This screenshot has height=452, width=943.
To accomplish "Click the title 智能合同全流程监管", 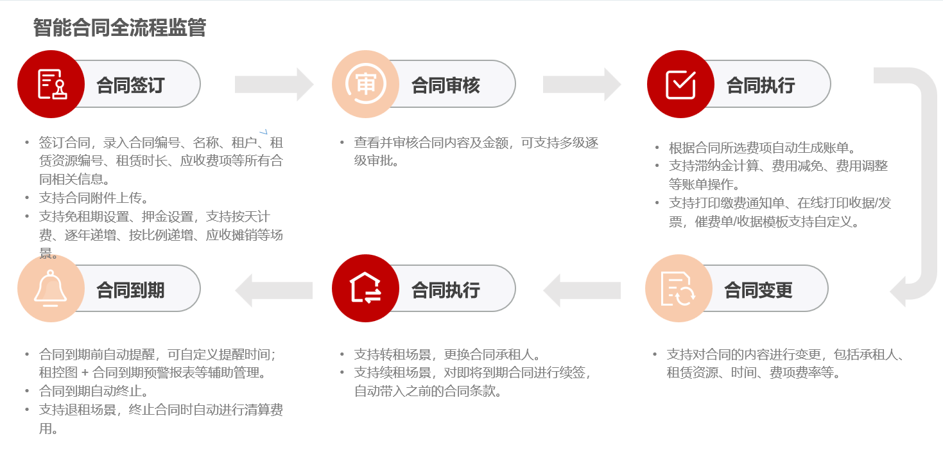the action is click(x=119, y=28).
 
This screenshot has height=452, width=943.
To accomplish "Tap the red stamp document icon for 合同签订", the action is click(x=51, y=84).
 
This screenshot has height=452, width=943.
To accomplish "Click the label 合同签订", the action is click(x=130, y=85).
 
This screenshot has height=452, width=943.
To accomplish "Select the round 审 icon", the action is click(x=365, y=84).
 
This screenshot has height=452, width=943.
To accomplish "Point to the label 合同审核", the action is click(x=446, y=85).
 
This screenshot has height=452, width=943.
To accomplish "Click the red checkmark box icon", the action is click(x=680, y=84).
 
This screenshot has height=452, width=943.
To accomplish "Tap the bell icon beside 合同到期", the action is click(x=51, y=288).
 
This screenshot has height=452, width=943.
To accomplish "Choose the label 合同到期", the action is click(x=130, y=290).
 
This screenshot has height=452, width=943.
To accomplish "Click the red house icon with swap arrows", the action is click(x=365, y=288).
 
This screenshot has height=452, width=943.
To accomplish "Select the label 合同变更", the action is click(x=758, y=290).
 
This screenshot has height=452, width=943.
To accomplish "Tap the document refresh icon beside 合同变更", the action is click(x=679, y=288).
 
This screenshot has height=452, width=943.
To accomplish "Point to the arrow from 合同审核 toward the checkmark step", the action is click(x=582, y=84).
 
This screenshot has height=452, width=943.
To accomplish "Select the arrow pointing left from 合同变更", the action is click(x=582, y=290).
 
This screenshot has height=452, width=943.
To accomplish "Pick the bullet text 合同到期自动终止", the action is click(x=94, y=390).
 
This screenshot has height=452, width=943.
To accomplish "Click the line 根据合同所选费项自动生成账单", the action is click(x=762, y=148).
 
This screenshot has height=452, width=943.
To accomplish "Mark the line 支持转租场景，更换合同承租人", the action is click(x=447, y=354).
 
